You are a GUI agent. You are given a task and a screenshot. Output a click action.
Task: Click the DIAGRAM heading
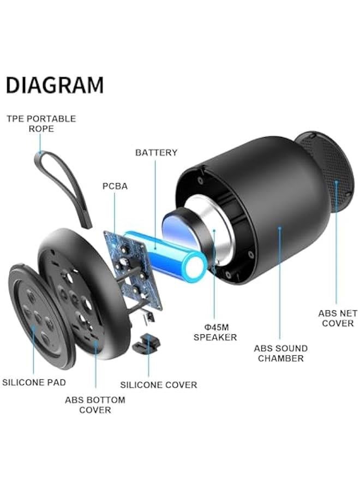coord(55,85)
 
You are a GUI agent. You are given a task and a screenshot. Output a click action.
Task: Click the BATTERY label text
coord(156,153)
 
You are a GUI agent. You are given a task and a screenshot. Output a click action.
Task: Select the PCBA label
coord(115,186)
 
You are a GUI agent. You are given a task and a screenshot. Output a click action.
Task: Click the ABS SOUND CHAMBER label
coord(280,353)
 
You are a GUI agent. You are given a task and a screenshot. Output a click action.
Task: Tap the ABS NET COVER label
coord(338,318)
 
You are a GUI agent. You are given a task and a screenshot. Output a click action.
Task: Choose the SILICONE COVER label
coord(158,385)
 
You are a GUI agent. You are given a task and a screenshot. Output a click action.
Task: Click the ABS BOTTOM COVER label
coord(95,405)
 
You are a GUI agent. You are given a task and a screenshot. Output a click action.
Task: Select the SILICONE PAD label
coord(34,382)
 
